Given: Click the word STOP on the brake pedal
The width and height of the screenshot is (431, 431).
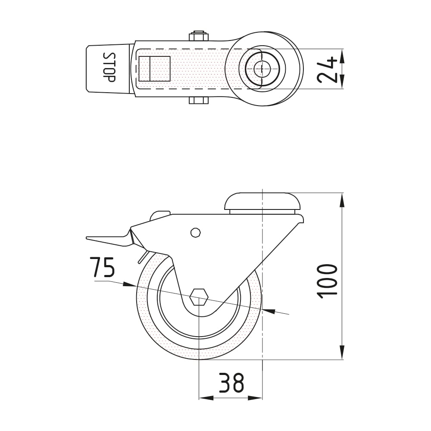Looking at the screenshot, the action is tap(109, 67).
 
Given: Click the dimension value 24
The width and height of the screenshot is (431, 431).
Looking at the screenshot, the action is tap(327, 69).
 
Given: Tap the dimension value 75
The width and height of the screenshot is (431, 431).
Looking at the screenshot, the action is tap(103, 267).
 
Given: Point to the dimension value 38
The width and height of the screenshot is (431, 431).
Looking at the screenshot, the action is tap(231, 383).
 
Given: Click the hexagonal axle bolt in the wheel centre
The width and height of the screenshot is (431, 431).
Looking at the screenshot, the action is tap(198, 297).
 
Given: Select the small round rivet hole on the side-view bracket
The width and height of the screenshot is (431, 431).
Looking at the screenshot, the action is tap(195, 233).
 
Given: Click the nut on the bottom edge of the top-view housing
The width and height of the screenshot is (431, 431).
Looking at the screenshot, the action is tap(199, 100).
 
